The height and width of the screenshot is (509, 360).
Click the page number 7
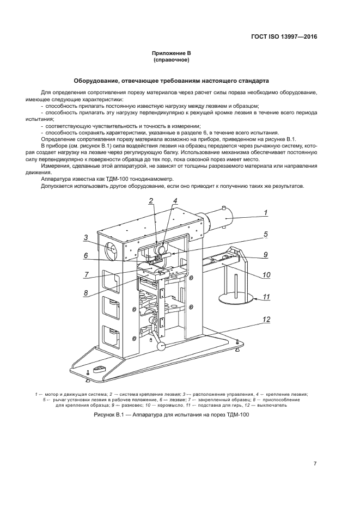click(315, 464)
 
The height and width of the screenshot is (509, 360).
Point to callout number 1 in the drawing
click(265, 212)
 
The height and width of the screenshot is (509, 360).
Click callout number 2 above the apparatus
click(151, 201)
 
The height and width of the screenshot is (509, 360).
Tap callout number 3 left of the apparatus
click(86, 237)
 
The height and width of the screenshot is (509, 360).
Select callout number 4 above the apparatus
click(175, 201)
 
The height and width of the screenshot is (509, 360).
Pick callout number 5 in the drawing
click(266, 235)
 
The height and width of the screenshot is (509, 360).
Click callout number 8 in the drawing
click(86, 292)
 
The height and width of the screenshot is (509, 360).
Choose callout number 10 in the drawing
click(266, 275)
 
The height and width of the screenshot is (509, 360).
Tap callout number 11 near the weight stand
click(266, 297)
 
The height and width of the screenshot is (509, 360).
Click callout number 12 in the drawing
click(266, 320)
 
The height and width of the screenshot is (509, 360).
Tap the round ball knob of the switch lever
click(161, 347)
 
